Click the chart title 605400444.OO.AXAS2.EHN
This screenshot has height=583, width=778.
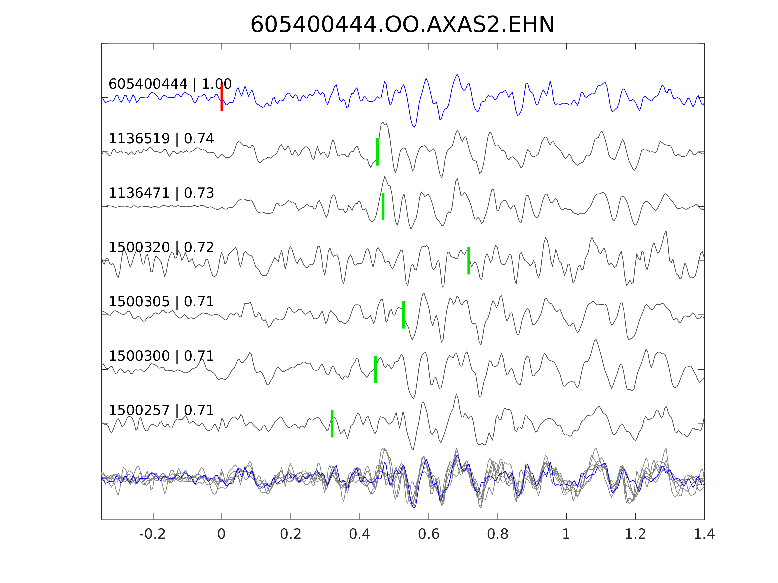(402, 25)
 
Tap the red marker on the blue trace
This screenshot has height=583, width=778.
(222, 98)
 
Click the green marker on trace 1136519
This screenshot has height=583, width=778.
(378, 152)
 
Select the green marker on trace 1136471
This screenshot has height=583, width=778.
(383, 206)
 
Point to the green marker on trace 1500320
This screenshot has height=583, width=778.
(469, 261)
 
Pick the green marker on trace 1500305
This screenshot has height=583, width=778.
(403, 315)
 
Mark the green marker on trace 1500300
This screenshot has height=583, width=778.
(375, 369)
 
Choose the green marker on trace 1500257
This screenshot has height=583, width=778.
(332, 424)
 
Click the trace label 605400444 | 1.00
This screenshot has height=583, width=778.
(170, 84)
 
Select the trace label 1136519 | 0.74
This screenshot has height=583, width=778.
(161, 139)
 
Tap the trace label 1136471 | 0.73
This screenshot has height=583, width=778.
(161, 193)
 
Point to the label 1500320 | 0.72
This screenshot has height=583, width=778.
(161, 248)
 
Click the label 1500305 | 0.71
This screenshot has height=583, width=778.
(161, 302)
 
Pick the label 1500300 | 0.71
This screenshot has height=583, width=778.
(161, 356)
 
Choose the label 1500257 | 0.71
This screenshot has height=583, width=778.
(161, 410)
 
